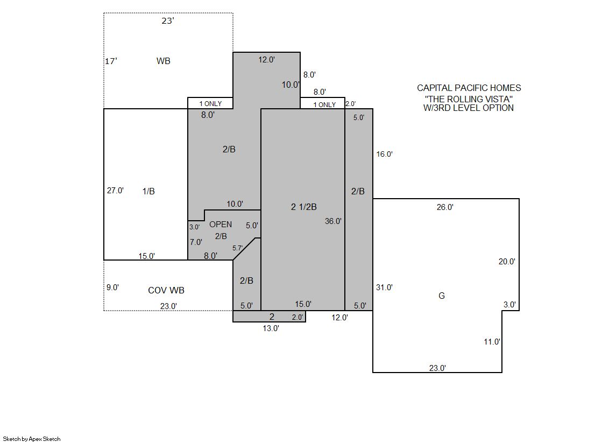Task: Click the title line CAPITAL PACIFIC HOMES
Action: pos(469,88)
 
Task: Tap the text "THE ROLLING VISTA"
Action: pos(469,99)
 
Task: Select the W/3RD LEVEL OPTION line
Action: pos(469,108)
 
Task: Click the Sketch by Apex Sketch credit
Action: pos(32,439)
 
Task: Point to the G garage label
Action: pos(442,296)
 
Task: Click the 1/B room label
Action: pos(148,191)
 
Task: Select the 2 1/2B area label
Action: pos(303,207)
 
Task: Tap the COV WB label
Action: pos(166,290)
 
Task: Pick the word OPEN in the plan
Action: pos(221,224)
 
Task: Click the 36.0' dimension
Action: pos(333,221)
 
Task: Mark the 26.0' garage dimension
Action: pos(445,207)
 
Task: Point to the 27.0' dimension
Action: pos(115,190)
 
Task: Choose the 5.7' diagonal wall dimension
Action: pos(237,248)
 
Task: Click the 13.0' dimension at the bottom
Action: pos(271,328)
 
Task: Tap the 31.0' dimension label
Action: pos(384,287)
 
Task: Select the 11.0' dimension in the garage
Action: pos(492,342)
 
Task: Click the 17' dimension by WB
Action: pos(111,61)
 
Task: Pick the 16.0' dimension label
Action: pos(384,154)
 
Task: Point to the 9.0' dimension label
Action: pos(112,287)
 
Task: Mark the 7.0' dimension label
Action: pos(196,242)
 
